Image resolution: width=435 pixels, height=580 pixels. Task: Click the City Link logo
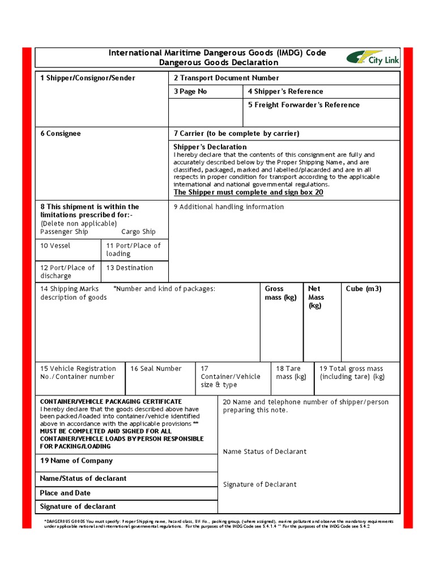(373, 58)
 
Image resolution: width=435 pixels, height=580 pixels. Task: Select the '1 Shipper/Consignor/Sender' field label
(87, 78)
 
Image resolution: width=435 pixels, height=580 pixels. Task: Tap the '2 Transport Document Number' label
(226, 78)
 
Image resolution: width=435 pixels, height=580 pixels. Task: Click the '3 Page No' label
(190, 92)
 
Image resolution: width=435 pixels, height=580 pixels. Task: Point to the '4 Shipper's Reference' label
(285, 92)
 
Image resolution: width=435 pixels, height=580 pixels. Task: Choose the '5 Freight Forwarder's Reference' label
(304, 105)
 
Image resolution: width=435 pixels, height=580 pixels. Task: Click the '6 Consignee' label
(61, 134)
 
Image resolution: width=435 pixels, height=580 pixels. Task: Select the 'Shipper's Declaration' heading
(210, 147)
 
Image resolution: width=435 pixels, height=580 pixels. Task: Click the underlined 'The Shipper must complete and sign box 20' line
(248, 193)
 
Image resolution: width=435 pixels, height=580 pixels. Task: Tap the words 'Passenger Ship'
(64, 232)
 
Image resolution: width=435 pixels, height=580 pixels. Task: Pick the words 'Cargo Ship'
(138, 232)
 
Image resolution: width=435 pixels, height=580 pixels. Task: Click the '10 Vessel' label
(56, 246)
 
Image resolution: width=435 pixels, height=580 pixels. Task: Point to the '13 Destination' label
(130, 268)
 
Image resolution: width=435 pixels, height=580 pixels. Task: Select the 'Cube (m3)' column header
(364, 289)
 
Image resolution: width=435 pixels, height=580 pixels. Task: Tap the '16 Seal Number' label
(156, 369)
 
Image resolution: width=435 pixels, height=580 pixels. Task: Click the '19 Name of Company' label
(76, 461)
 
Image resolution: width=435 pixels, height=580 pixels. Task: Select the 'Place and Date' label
(65, 493)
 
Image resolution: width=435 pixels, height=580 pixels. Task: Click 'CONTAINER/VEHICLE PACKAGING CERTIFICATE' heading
(111, 402)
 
